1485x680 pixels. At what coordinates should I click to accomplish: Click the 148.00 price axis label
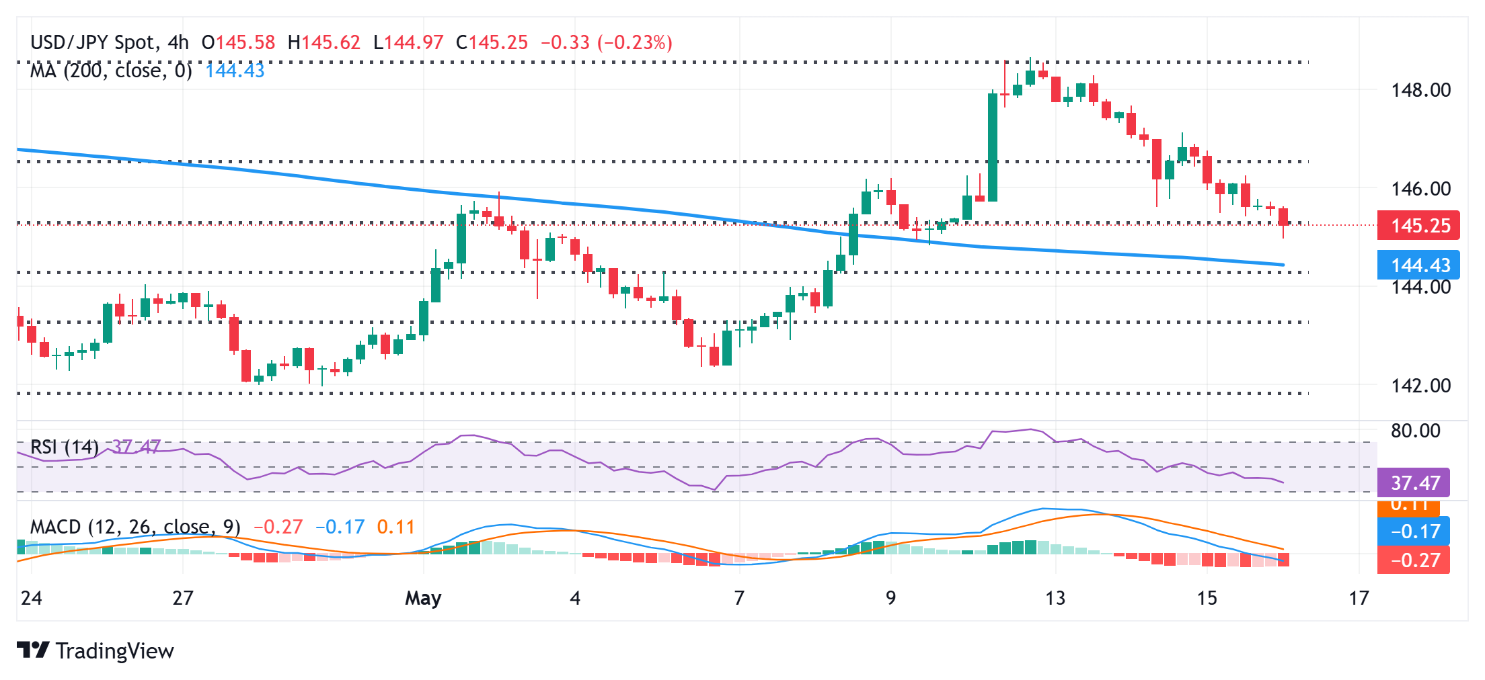point(1420,89)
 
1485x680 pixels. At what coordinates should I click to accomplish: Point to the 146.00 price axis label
point(1420,188)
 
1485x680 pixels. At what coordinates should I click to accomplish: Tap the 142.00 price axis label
point(1420,385)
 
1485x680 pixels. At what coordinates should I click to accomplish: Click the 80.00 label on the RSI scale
point(1415,430)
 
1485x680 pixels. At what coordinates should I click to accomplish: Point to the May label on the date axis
point(423,597)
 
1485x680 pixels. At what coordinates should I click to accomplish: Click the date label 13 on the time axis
point(1055,597)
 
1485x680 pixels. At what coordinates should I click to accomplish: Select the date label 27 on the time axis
point(183,597)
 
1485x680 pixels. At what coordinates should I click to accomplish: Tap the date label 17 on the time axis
point(1359,597)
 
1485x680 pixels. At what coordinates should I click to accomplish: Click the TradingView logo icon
point(32,650)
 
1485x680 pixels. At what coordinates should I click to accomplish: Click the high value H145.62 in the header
point(323,42)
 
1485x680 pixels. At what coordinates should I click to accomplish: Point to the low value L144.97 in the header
point(408,42)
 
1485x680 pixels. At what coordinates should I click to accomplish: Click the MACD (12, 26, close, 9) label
point(135,526)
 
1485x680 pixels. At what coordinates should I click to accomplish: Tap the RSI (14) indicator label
point(65,446)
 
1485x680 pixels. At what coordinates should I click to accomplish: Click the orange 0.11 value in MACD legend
point(395,526)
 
